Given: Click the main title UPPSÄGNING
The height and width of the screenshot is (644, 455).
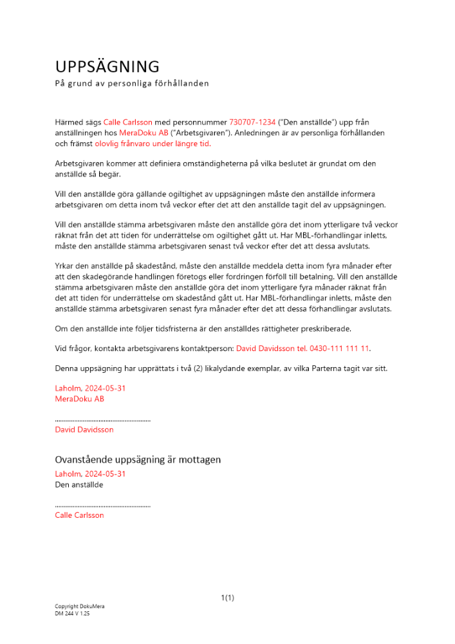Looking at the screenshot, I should pos(107,66).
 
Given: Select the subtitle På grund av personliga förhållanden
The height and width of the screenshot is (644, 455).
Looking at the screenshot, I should pos(132,84).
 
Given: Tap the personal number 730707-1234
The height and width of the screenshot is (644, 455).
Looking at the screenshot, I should pos(252,122).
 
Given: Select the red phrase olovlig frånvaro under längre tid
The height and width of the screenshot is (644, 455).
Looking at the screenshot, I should pos(152,144).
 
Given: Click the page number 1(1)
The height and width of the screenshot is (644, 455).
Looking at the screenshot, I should pos(227,598).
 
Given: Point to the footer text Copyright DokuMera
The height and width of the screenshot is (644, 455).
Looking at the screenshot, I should pos(80,607).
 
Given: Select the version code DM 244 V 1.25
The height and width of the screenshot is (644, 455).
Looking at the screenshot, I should pos(72,614).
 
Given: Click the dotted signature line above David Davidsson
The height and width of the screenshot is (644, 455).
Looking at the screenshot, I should pos(103,420).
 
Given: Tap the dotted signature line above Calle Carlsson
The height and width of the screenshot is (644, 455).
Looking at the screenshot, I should pos(103,506).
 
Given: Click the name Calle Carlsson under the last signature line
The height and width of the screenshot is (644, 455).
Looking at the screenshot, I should pos(79,515).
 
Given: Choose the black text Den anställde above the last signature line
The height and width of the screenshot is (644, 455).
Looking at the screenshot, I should pos(79,485).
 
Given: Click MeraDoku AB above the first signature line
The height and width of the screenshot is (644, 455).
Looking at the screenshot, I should pos(80,399).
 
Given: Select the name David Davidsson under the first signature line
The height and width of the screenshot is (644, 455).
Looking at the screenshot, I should pos(84,430).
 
